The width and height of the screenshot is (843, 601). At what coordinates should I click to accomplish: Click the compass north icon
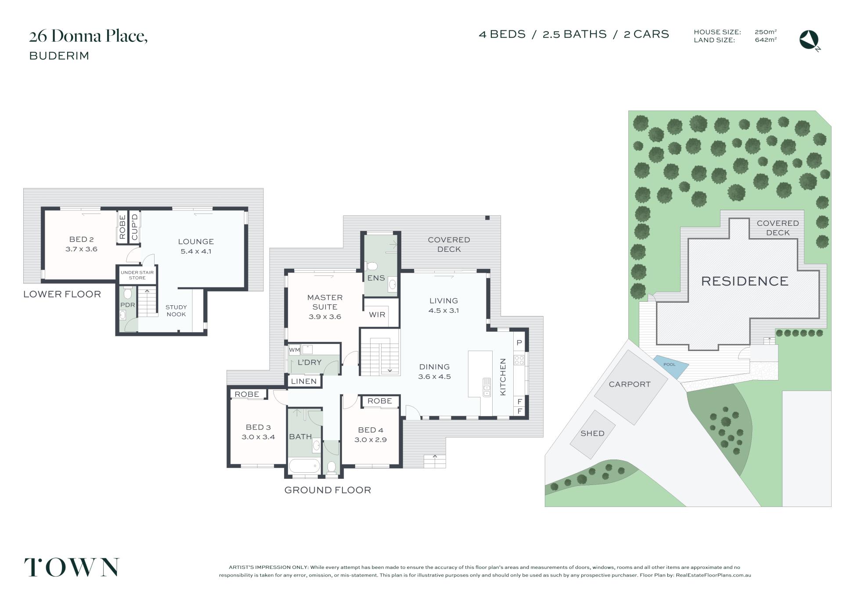(809, 40)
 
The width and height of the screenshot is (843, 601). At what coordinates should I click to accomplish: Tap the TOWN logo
(72, 567)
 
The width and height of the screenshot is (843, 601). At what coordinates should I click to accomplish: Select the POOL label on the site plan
(670, 365)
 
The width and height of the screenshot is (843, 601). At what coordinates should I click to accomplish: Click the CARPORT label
(630, 384)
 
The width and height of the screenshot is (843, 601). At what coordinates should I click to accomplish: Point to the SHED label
(592, 433)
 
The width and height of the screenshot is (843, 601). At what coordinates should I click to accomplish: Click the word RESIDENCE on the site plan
(745, 281)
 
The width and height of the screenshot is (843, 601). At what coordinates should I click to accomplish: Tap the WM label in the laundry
(294, 350)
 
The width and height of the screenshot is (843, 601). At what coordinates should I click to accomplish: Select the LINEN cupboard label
(304, 381)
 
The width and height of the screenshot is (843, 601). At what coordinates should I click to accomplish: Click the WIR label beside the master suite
(377, 315)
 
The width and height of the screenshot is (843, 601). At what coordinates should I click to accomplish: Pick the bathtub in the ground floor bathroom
(304, 466)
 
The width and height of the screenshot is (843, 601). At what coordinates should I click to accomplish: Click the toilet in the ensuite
(371, 266)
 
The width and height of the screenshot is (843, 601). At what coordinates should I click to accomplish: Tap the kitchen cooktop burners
(519, 360)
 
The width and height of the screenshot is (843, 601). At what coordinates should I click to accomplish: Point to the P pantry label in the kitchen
(519, 343)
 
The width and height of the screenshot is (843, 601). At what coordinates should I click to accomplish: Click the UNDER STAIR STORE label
(137, 275)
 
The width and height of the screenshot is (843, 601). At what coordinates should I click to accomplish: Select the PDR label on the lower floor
(127, 305)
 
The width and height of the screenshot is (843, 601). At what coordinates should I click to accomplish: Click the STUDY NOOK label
(176, 311)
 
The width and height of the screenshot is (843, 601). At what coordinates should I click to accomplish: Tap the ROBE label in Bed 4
(380, 401)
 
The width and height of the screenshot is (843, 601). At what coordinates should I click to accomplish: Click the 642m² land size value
(766, 40)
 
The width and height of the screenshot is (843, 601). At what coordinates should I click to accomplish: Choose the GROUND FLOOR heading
(328, 490)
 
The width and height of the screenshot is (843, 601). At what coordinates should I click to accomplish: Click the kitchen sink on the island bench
(487, 387)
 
